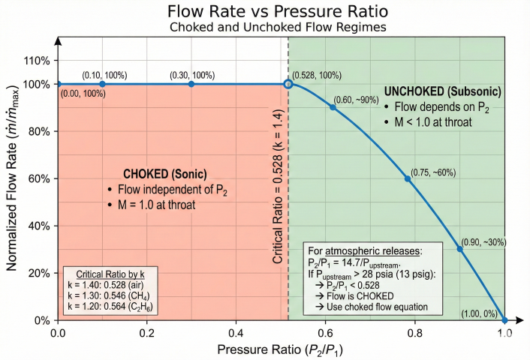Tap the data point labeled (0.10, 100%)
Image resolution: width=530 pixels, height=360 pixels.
[103, 84]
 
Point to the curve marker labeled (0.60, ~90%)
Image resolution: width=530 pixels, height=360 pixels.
[333, 107]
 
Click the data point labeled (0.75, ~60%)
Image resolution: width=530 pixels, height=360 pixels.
[408, 178]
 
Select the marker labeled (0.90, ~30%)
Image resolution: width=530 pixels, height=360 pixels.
[460, 249]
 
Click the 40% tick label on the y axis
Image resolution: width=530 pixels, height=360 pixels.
[39, 226]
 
